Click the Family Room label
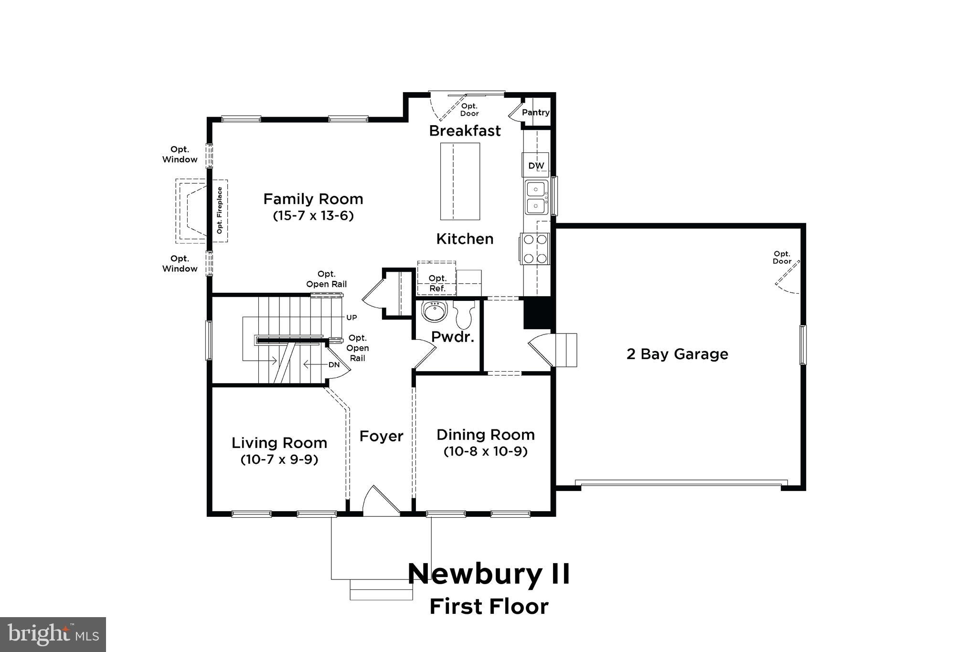313,199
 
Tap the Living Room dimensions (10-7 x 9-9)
279,460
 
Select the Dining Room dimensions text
486,451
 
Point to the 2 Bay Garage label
677,354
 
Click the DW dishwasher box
536,165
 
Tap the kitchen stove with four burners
535,249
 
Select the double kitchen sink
537,197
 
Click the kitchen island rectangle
460,181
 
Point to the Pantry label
535,112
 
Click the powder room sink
434,311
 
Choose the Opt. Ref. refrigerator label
437,283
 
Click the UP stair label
351,318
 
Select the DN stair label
334,365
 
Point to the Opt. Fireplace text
220,210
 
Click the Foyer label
381,436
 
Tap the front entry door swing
381,502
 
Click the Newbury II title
489,574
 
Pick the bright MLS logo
53,634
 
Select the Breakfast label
465,131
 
